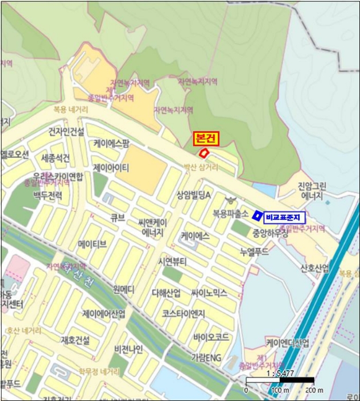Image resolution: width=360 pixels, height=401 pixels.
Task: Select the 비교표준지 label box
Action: click(x=285, y=217)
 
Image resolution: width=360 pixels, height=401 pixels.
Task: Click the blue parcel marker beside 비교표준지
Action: click(x=257, y=215)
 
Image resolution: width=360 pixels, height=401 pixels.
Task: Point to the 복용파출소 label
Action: click(x=230, y=214)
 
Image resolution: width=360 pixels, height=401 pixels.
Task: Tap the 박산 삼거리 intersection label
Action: click(x=201, y=167)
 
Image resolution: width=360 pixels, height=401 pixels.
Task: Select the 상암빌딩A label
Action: click(x=194, y=195)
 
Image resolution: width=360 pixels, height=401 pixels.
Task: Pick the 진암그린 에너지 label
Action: click(x=312, y=191)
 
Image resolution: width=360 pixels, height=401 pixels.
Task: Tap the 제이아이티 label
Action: click(x=111, y=167)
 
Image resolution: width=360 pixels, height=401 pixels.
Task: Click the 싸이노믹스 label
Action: click(x=209, y=293)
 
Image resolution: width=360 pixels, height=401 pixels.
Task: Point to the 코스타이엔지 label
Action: click(x=183, y=313)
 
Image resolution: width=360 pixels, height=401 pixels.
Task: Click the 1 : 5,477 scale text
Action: click(x=279, y=372)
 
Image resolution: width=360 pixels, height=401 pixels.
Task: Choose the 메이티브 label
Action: click(x=92, y=244)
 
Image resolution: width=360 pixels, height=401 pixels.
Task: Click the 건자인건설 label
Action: click(x=66, y=132)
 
